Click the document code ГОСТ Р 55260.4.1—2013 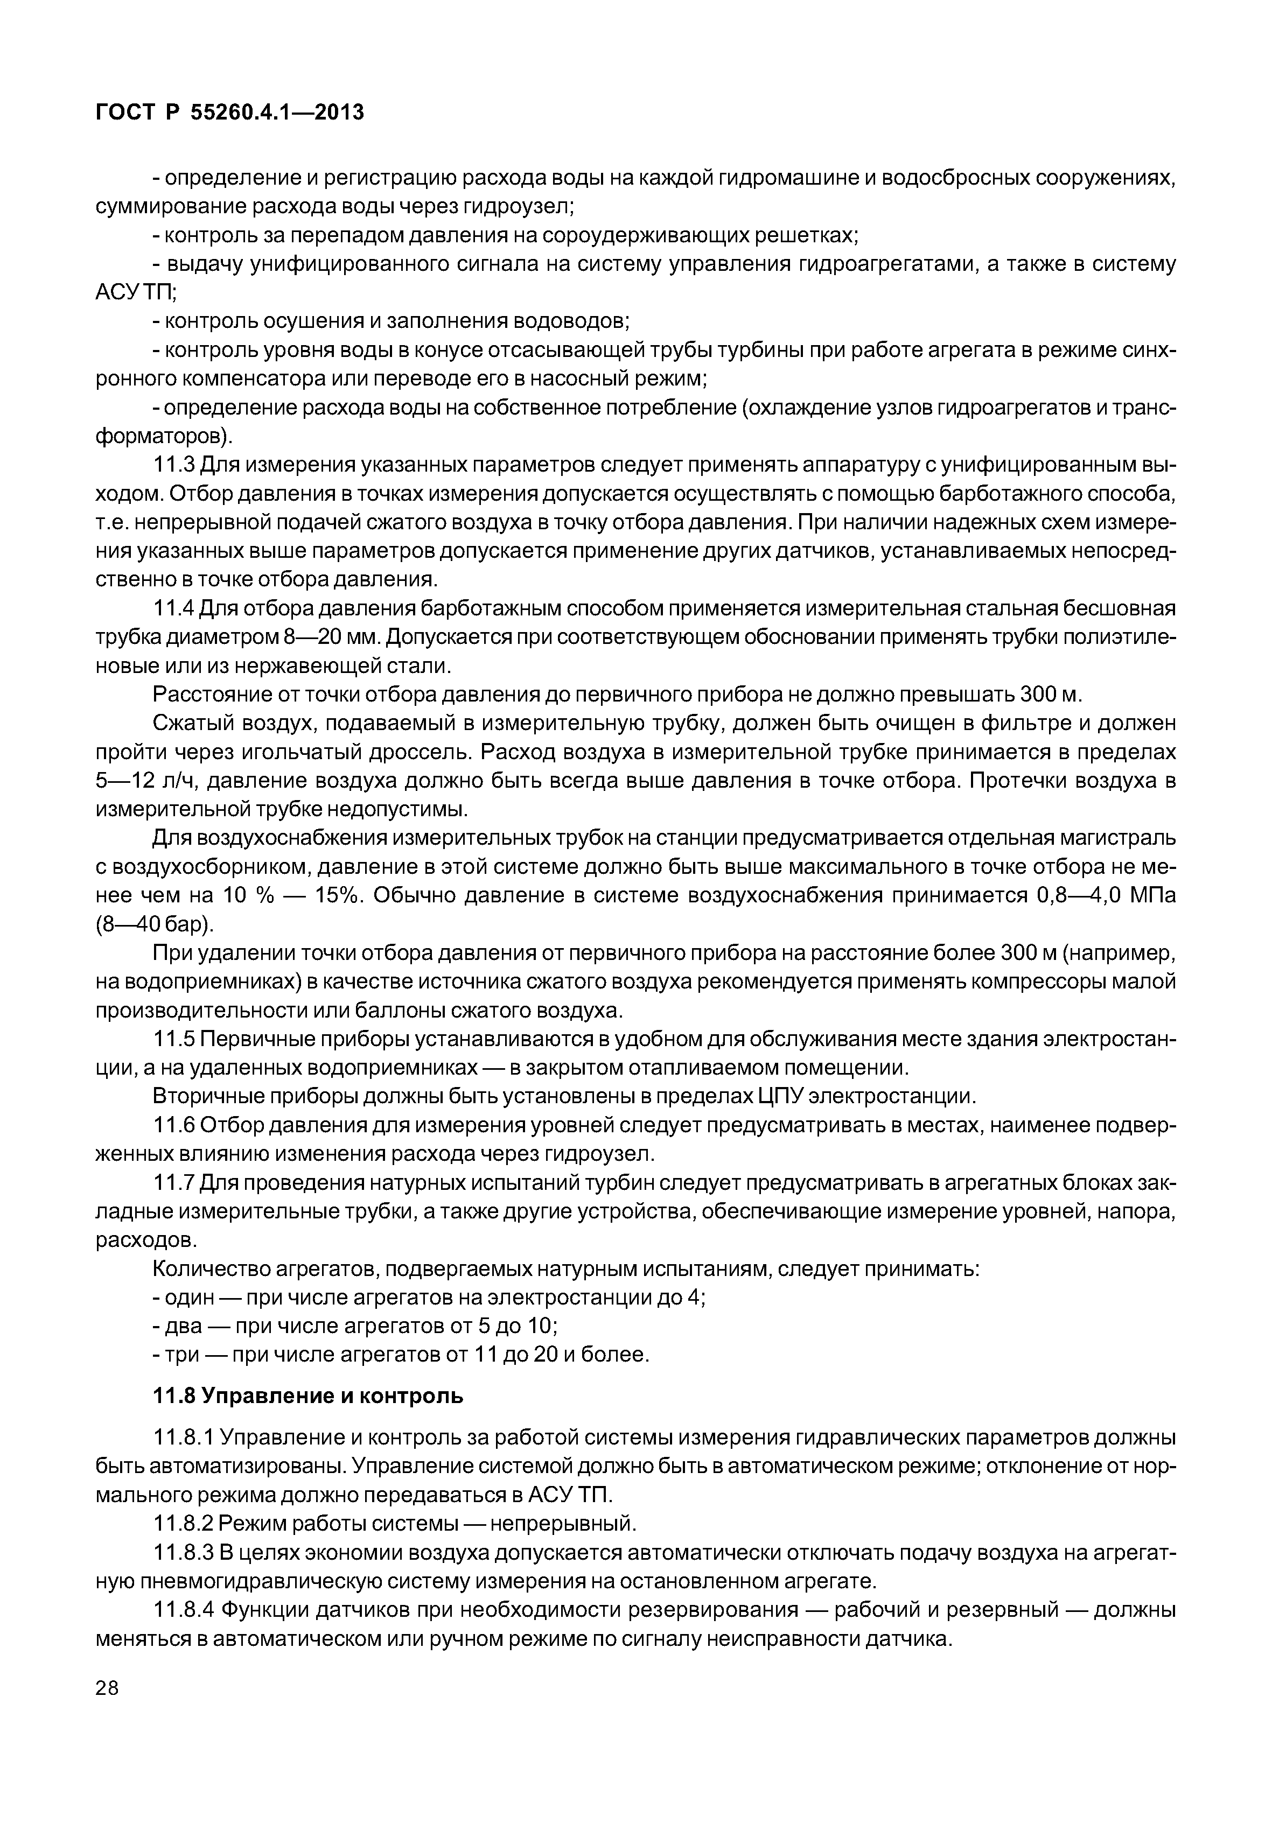click(229, 113)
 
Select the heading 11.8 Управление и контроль click(307, 1396)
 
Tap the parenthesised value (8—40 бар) click(155, 924)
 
